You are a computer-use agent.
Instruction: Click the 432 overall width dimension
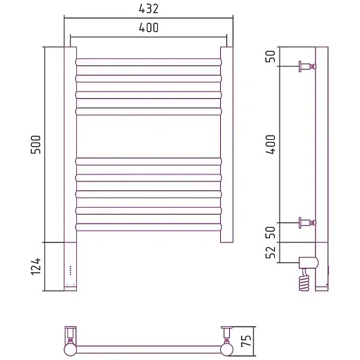(x=149, y=9)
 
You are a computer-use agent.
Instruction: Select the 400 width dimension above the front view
(x=149, y=28)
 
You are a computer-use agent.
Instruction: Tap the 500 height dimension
(x=36, y=145)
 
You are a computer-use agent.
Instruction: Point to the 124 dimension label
(x=36, y=267)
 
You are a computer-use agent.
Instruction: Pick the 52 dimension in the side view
(x=271, y=252)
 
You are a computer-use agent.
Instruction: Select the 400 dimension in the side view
(x=271, y=145)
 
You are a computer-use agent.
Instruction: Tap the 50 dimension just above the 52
(x=271, y=233)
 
